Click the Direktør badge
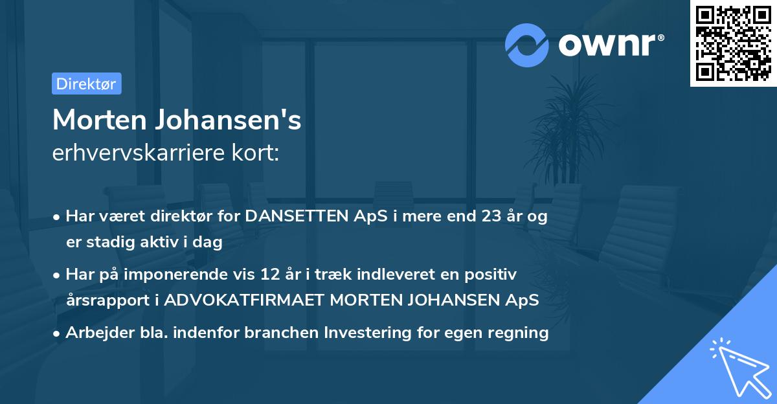[x=86, y=84]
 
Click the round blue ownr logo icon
[x=527, y=44]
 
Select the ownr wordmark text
[x=609, y=44]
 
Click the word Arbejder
[x=95, y=333]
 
